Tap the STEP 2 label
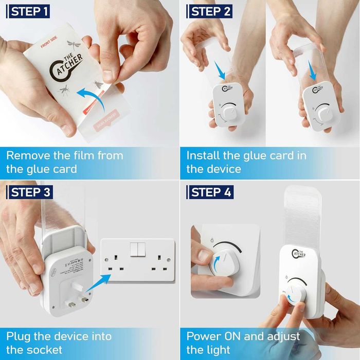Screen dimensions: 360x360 click(211, 12)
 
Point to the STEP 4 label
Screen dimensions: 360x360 click(211, 192)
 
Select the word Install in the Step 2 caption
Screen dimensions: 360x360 click(202, 155)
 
